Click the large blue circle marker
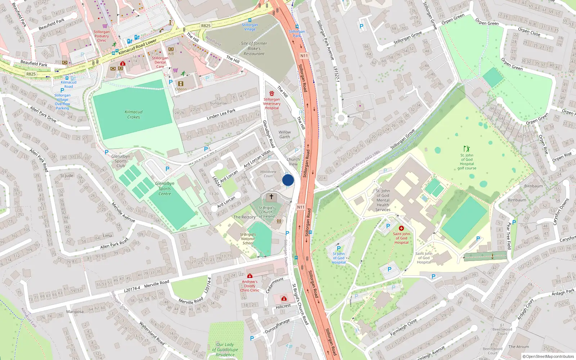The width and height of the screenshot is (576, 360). tap(288, 180)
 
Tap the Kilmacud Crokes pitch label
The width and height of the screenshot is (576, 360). tap(134, 114)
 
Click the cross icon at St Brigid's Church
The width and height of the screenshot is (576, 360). tap(271, 197)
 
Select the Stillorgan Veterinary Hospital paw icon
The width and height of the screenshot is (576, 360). tap(272, 94)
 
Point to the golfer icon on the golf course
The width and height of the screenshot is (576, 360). tap(467, 149)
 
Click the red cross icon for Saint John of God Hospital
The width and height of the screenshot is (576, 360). tap(401, 228)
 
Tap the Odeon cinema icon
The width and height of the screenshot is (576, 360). tap(181, 84)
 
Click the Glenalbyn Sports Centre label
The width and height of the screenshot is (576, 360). tap(165, 189)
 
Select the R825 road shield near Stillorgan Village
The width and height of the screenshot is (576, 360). tap(206, 26)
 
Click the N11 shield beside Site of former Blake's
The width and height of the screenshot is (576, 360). tap(304, 56)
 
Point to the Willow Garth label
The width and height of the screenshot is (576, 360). tap(284, 135)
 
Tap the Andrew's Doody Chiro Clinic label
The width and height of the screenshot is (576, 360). tap(249, 286)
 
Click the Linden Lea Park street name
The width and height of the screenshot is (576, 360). tap(221, 114)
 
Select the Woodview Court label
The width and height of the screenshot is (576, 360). tap(268, 174)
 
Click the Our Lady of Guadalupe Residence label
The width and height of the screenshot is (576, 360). tap(225, 350)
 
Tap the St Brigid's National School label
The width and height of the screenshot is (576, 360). tap(248, 239)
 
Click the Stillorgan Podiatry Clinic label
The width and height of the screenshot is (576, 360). tap(102, 36)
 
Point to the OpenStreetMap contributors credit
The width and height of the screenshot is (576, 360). tap(548, 356)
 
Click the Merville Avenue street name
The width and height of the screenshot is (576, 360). tap(123, 212)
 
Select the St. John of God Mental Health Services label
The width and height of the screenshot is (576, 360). tap(383, 200)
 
